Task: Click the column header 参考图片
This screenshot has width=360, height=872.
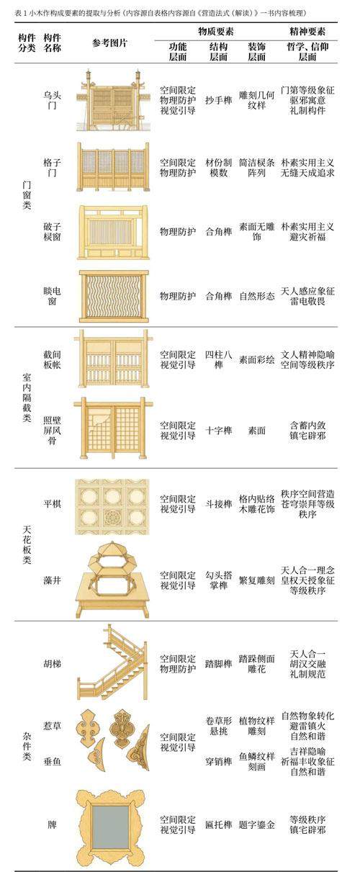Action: tap(109, 42)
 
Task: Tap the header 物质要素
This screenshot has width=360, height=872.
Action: tap(216, 31)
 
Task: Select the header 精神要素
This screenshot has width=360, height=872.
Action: tap(307, 31)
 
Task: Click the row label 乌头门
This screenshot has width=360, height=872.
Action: tap(52, 100)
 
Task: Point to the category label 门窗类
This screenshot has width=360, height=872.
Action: tap(27, 195)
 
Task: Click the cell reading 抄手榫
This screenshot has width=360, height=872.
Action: tap(218, 100)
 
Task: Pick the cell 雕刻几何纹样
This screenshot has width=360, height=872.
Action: tap(256, 100)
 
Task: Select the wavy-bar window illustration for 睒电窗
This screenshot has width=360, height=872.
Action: tap(114, 296)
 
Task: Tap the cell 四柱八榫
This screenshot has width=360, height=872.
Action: tap(218, 360)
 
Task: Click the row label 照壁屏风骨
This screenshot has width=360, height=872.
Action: tap(52, 430)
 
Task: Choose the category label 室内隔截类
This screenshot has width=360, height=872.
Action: tap(27, 397)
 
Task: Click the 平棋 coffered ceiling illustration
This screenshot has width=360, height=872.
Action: tap(112, 507)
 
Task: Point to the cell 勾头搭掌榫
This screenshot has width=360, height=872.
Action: tap(218, 580)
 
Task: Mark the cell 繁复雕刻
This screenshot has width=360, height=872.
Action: tap(256, 580)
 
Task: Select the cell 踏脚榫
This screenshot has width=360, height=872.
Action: tap(218, 664)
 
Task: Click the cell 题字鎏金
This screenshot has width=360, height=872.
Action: tap(256, 824)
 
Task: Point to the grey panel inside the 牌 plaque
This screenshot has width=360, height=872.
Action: tap(111, 826)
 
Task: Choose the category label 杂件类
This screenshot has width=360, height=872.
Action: tap(27, 746)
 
